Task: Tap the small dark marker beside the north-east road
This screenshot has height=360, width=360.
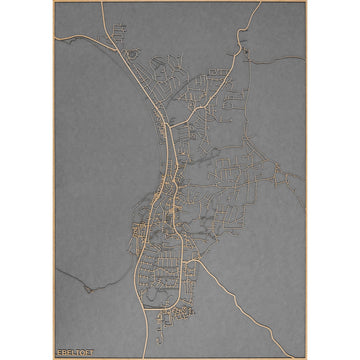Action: coord(242,50)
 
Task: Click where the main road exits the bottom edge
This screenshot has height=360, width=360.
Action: coord(146,356)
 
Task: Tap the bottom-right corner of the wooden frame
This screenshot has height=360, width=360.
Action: coord(305,357)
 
